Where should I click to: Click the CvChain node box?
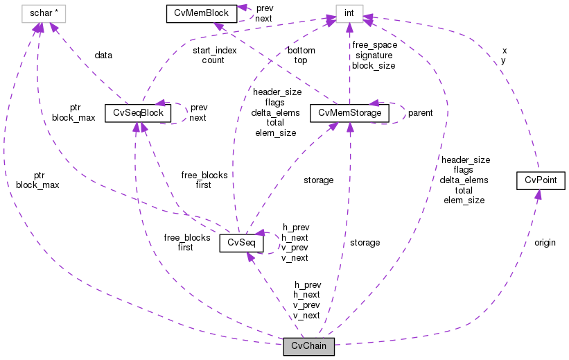(x=308, y=346)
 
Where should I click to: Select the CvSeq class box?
(x=241, y=243)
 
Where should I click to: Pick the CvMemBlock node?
(x=198, y=13)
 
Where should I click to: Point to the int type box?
(x=349, y=13)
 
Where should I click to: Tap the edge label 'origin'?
(x=545, y=243)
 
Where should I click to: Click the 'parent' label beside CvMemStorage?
(x=420, y=113)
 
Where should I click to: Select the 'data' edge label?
(x=104, y=55)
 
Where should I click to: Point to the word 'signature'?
(x=374, y=55)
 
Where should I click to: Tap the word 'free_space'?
(x=374, y=45)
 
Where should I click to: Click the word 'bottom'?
(x=300, y=51)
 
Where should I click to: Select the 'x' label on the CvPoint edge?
(x=504, y=51)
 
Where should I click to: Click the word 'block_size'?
(x=374, y=66)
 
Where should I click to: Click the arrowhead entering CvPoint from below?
(x=538, y=196)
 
